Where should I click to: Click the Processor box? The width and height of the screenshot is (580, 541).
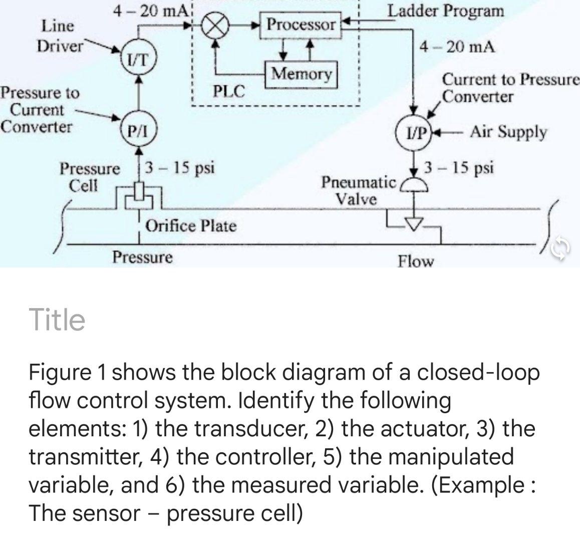(x=301, y=25)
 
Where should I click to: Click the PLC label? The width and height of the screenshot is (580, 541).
(x=229, y=92)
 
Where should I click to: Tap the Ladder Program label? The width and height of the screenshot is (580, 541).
(x=446, y=11)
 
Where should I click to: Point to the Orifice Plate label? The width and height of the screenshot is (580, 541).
(x=190, y=226)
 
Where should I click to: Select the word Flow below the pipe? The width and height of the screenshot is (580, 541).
(x=416, y=261)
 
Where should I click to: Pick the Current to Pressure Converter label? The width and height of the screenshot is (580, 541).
(x=508, y=88)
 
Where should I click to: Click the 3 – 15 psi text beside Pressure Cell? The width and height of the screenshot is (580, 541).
(x=181, y=167)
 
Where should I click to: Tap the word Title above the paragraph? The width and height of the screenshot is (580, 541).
(x=58, y=320)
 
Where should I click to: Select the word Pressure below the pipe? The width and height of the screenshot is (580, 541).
(x=142, y=257)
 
